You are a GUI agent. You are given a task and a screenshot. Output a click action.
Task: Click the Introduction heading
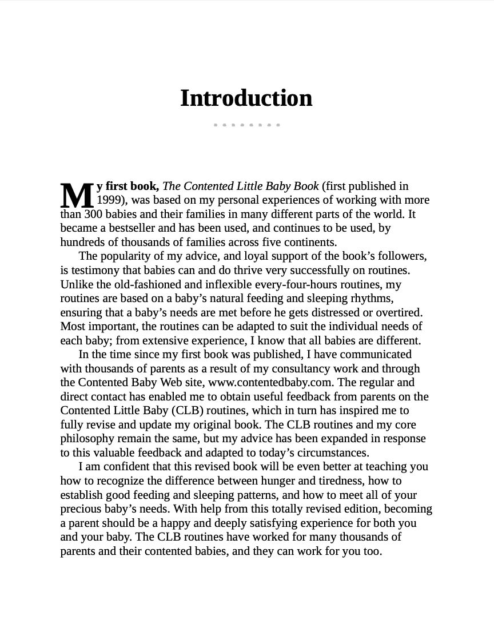point(246,98)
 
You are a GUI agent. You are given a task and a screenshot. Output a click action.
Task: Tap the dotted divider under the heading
point(246,125)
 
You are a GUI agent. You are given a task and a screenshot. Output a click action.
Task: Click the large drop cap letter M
point(77,196)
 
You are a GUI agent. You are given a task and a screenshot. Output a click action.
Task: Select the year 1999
point(109,200)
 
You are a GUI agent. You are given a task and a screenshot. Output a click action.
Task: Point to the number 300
point(93,214)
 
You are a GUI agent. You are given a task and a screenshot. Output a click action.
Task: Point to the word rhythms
point(368,298)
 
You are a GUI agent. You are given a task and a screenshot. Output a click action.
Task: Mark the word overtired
point(399,312)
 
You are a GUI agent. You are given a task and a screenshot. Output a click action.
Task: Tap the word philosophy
point(87,438)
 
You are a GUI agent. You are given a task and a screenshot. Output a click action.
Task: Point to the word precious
point(81,509)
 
